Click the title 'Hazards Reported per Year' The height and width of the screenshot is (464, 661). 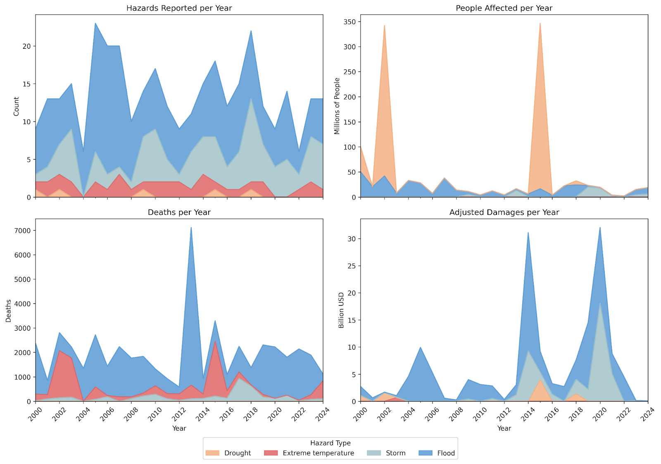(179, 8)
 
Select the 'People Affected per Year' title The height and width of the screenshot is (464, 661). (504, 8)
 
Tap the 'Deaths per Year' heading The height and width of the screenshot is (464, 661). (179, 212)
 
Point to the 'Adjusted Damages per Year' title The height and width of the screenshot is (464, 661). (504, 212)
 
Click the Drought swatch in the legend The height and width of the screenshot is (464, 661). (212, 453)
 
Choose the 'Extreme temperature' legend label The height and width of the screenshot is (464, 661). (318, 453)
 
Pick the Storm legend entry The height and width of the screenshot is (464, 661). (395, 453)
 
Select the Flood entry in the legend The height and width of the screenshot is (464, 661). (446, 453)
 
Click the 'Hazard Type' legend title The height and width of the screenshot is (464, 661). (330, 443)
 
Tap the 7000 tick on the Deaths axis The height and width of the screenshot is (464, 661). (22, 231)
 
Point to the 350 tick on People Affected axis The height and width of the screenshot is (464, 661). (350, 22)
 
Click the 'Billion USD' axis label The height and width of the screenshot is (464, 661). (341, 310)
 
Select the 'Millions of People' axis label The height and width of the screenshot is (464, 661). (337, 106)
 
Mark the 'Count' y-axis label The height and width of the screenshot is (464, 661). (17, 106)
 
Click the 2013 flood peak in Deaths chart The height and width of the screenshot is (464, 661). (191, 228)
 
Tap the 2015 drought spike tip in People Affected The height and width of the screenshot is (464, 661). (540, 24)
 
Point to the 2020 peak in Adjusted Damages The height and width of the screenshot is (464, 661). (600, 228)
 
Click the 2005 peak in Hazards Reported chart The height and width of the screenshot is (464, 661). (95, 24)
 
